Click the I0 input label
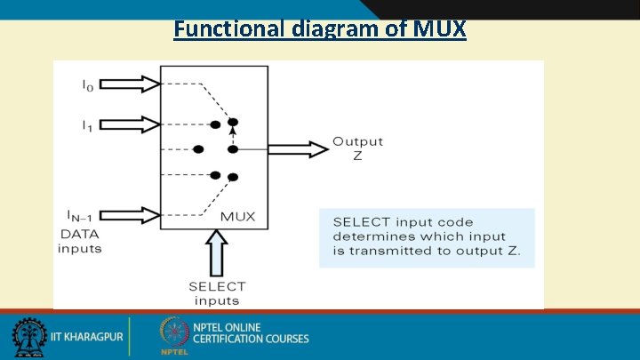tap(88, 85)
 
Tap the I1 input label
tap(88, 125)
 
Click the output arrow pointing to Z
tap(298, 149)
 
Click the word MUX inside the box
tap(237, 216)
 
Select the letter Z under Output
tap(357, 156)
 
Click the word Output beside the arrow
tap(357, 141)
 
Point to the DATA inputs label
tap(80, 241)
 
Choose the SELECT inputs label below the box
tap(217, 292)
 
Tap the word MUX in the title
tap(439, 28)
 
